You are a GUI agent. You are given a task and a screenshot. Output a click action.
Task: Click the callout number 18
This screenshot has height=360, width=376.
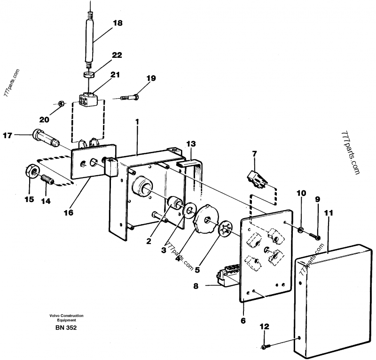(x=118, y=23)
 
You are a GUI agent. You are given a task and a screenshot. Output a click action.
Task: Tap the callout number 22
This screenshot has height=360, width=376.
(x=117, y=55)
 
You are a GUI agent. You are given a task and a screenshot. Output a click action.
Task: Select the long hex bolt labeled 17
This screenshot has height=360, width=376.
(x=45, y=138)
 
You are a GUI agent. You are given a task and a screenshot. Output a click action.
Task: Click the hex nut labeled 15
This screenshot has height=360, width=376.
(x=31, y=172)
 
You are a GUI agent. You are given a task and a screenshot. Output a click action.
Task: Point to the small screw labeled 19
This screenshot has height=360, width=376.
(x=130, y=97)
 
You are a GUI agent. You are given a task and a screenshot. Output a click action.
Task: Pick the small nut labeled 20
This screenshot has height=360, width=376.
(x=61, y=103)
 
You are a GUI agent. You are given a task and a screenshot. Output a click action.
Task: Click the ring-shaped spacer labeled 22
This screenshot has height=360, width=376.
(x=88, y=74)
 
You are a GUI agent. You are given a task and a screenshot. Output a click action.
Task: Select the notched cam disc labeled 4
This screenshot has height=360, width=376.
(x=205, y=219)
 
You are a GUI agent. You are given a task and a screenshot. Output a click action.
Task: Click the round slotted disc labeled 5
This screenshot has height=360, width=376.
(x=226, y=229)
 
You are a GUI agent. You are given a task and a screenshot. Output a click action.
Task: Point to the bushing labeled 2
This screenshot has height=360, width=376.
(x=175, y=203)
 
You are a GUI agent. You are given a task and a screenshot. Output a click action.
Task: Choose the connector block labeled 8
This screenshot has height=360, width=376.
(x=228, y=274)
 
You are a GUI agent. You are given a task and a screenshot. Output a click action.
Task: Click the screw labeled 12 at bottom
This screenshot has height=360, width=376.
(x=266, y=346)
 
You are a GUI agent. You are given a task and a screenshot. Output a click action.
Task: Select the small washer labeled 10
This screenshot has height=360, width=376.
(x=300, y=230)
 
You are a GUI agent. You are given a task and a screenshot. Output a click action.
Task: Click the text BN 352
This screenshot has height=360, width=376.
(x=66, y=328)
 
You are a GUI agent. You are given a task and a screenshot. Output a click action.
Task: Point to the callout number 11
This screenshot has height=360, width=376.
(x=329, y=213)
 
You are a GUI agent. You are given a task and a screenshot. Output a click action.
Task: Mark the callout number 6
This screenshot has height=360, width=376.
(x=243, y=321)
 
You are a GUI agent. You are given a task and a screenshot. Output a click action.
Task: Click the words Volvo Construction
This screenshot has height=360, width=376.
(x=66, y=316)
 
